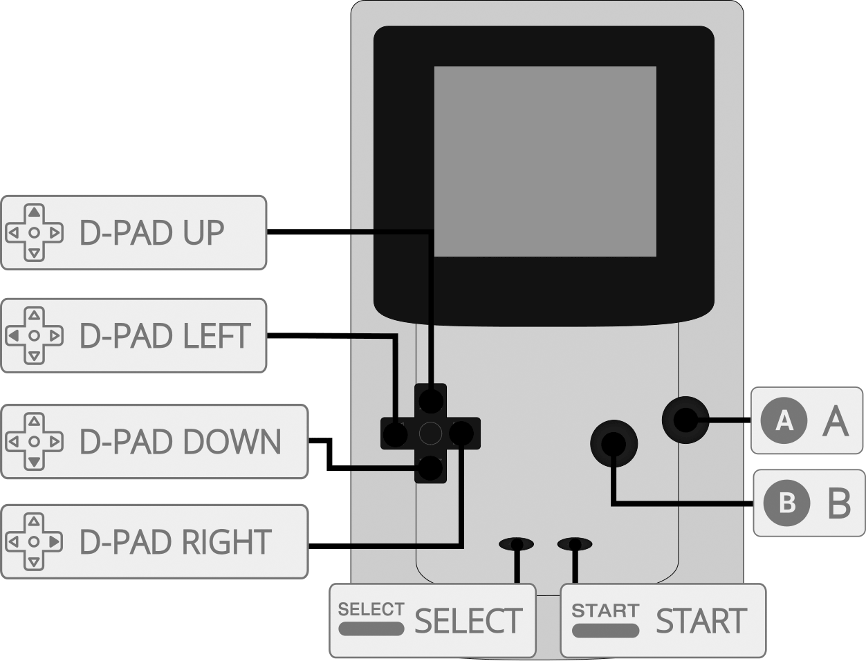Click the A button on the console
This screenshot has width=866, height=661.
685,420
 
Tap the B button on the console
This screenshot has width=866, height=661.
613,444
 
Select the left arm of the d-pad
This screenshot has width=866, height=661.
396,434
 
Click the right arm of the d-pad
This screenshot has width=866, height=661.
461,434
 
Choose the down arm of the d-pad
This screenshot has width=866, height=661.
430,468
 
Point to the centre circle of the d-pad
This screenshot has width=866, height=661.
430,434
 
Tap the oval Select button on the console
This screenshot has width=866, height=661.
516,544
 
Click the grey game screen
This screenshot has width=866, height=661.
544,162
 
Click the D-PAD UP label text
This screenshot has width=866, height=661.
152,233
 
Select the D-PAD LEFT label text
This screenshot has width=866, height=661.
165,336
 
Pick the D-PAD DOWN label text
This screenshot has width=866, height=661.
181,442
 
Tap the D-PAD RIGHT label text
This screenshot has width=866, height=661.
176,542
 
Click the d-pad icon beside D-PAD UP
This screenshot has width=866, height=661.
35,233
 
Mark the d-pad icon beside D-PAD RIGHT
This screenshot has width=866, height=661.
35,542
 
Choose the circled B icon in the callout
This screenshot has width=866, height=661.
786,503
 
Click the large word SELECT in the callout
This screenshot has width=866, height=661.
468,621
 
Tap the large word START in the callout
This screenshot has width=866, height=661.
701,621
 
